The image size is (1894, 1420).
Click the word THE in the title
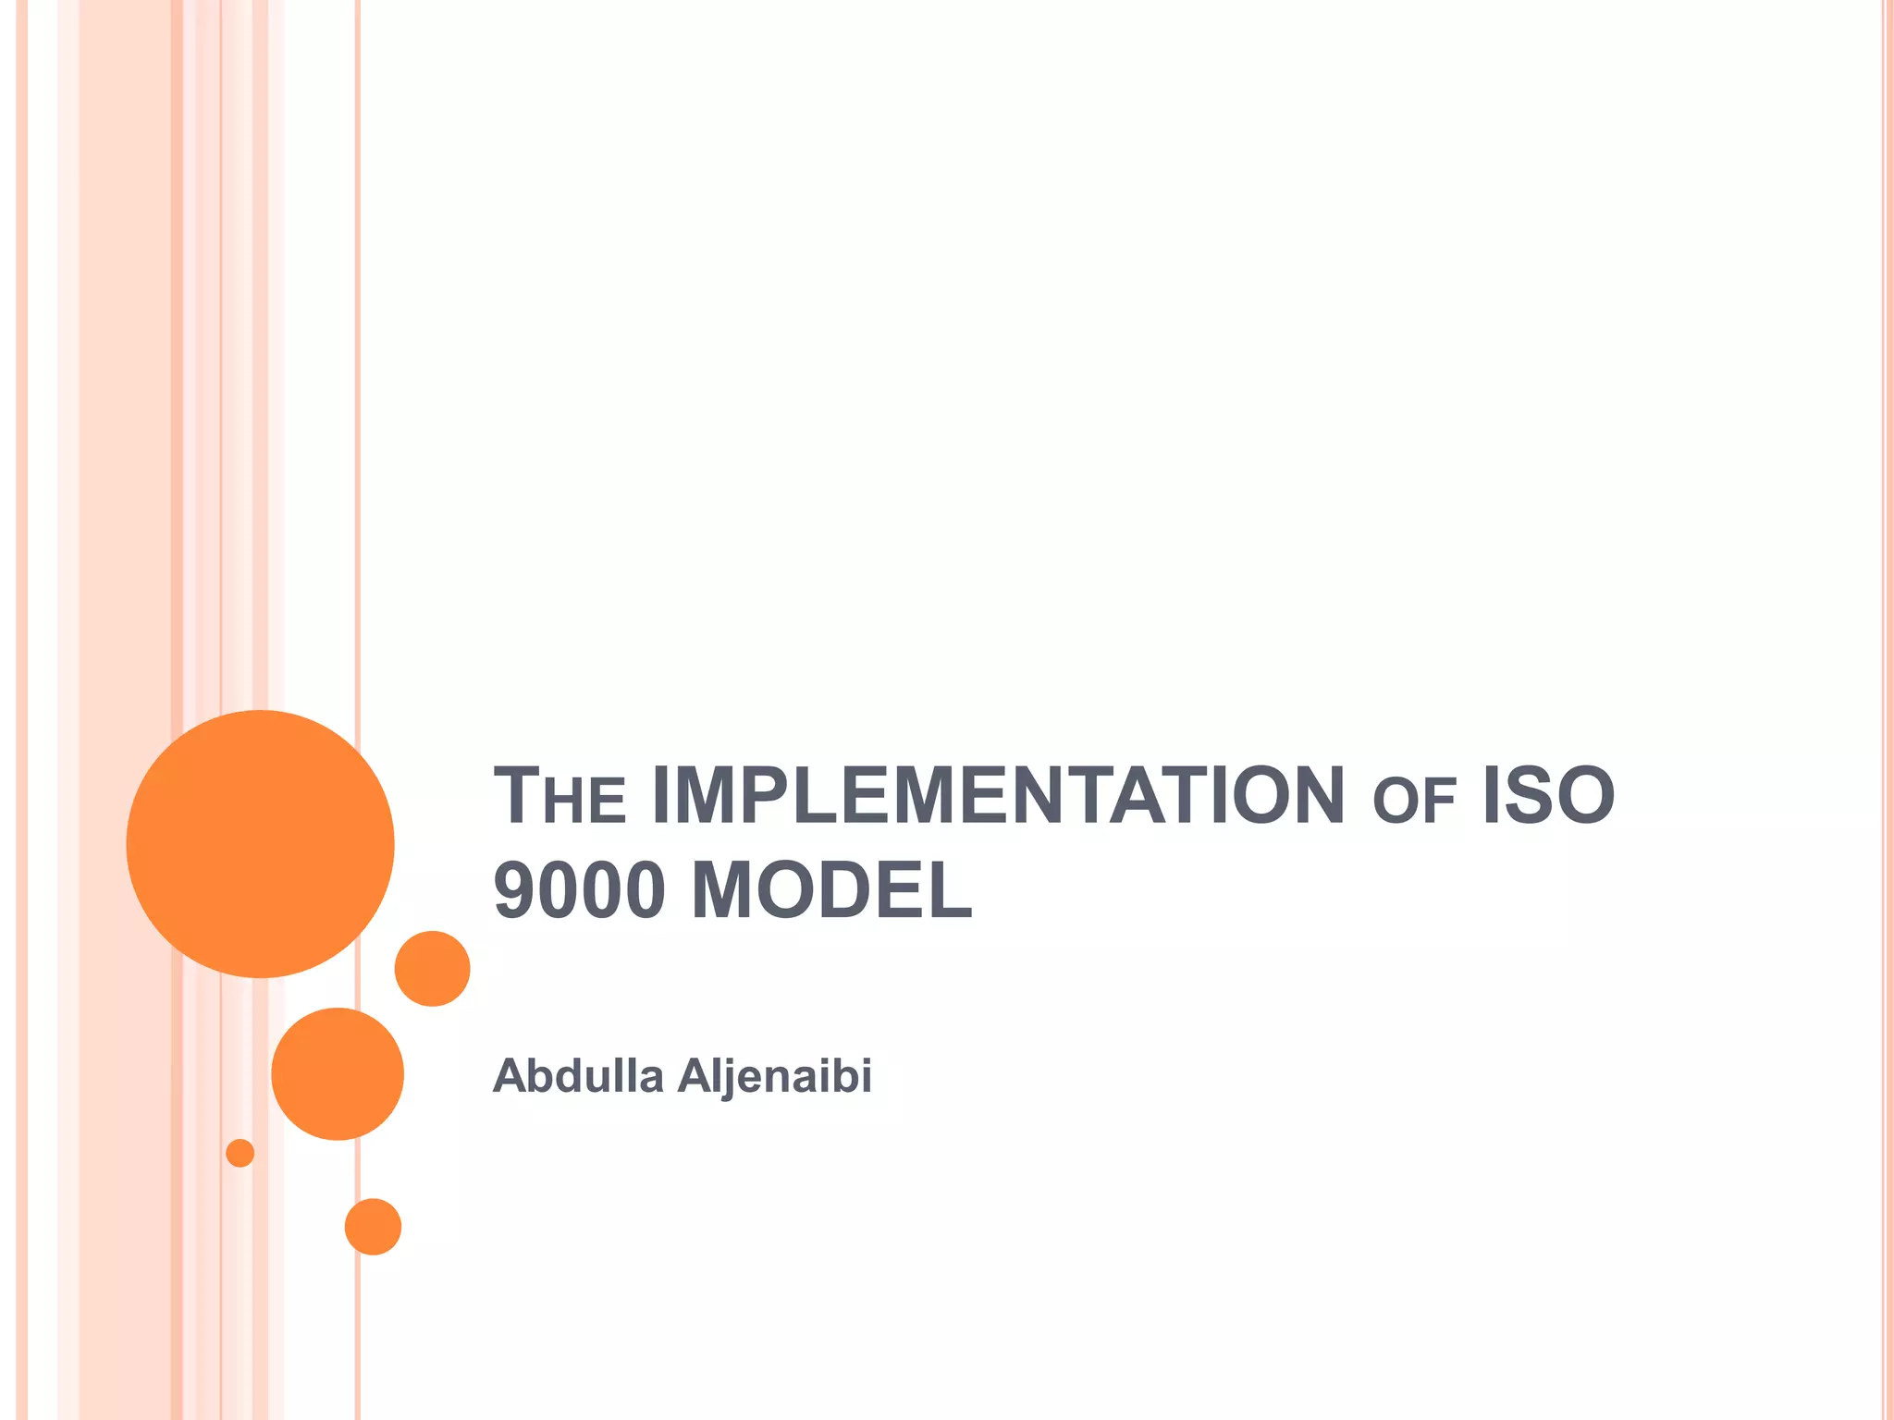pos(560,796)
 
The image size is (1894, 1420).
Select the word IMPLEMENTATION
pos(998,796)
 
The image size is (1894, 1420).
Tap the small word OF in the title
pos(1414,802)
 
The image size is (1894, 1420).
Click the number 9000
pos(579,890)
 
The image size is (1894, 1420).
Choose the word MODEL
pos(831,890)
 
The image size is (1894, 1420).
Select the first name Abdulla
pos(578,1075)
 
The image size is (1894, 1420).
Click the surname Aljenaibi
pos(775,1076)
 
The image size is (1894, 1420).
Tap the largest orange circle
pos(260,843)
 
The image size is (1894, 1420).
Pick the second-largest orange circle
pos(338,1073)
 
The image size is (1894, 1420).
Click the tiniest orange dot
pos(240,1153)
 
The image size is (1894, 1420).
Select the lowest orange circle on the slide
pos(373,1227)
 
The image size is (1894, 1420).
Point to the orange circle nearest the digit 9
pos(432,968)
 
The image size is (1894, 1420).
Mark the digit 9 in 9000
pos(514,890)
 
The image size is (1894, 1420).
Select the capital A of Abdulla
pos(510,1075)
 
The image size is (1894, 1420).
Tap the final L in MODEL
pos(953,890)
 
